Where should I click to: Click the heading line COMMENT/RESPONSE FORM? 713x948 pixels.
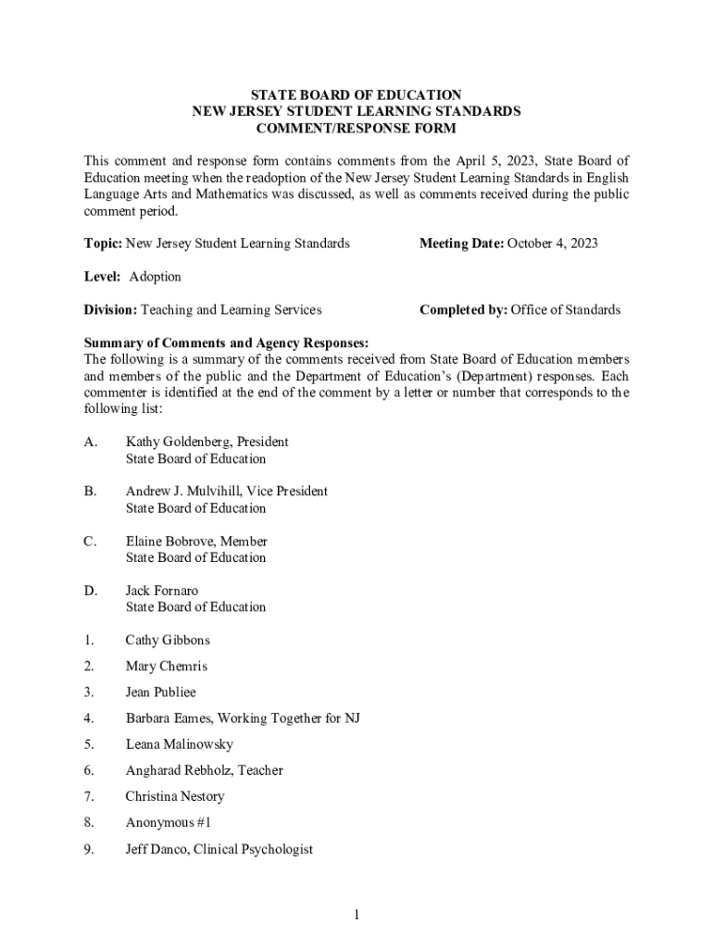tap(356, 128)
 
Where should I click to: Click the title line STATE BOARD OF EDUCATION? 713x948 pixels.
tap(356, 94)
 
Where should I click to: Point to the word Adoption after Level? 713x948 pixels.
tap(156, 277)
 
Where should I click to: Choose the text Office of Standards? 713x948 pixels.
tap(566, 310)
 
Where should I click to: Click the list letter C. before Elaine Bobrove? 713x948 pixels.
tap(91, 541)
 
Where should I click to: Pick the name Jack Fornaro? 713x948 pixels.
tap(162, 591)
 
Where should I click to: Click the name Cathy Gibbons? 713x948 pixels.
tap(168, 640)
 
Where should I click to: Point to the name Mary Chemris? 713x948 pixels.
tap(167, 666)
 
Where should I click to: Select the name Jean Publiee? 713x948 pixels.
tap(161, 692)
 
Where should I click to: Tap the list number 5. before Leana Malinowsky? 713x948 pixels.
tap(89, 744)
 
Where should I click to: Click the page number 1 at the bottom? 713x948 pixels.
tap(356, 916)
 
